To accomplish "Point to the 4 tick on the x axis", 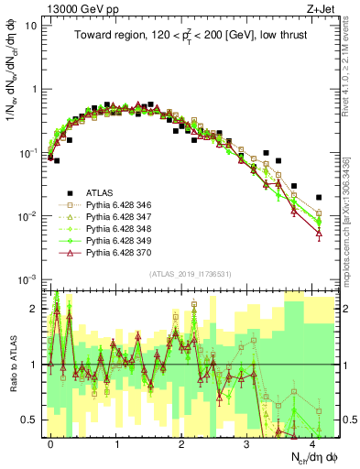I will pos(312,443).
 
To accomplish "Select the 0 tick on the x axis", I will pos(51,443).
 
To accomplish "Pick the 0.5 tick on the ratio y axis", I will pos(30,420).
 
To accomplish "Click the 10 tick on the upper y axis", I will pos(31,26).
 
